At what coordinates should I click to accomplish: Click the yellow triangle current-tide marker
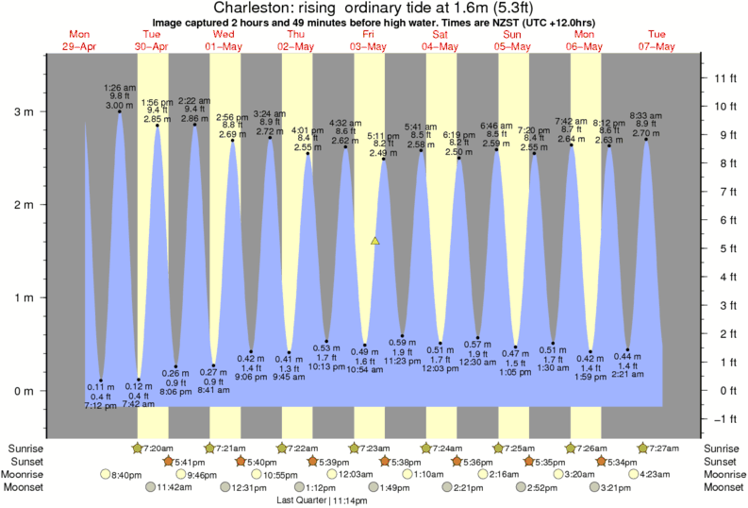(375, 242)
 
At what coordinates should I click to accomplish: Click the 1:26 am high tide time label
(120, 88)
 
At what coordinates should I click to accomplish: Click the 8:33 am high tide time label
(646, 114)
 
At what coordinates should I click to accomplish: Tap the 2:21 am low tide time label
(627, 374)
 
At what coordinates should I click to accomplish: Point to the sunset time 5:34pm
(620, 461)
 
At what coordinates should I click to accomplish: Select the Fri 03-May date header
(368, 40)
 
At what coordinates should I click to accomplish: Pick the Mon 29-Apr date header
(78, 40)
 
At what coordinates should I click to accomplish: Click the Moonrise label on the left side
(25, 475)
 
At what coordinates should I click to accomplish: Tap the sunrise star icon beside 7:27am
(642, 448)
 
